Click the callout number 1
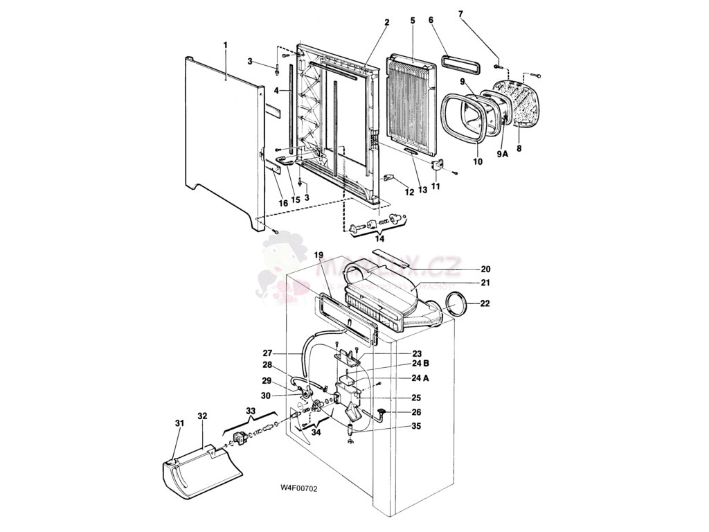point(225,45)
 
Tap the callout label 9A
point(502,154)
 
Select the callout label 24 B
point(421,364)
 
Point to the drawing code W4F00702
point(298,488)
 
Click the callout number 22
point(485,303)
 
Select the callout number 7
point(462,14)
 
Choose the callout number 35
point(416,426)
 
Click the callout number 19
point(318,254)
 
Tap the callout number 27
point(267,352)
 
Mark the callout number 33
point(251,411)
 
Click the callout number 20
point(485,269)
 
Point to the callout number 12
point(409,192)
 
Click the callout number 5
point(413,21)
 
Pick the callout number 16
point(283,203)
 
